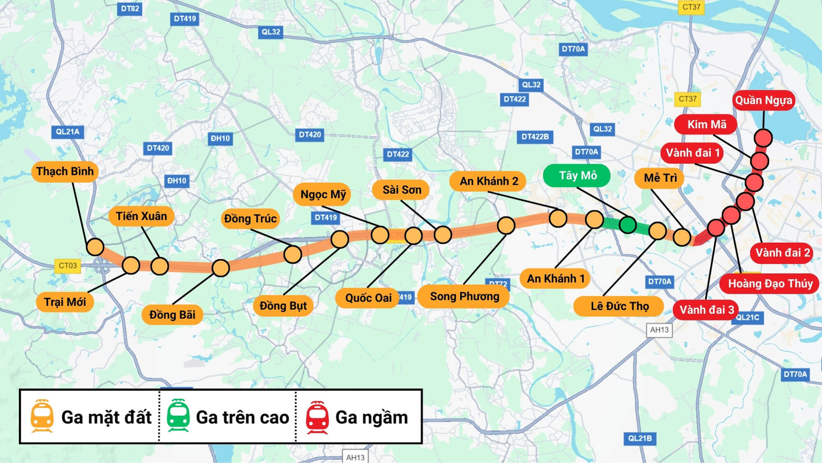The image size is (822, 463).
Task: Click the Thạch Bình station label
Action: (65, 171)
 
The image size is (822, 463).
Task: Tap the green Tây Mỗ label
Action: (577, 176)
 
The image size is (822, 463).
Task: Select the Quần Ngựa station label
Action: (763, 100)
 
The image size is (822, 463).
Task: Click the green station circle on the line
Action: (628, 225)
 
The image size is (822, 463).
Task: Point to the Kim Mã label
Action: (706, 125)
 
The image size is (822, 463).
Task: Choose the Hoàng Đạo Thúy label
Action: (770, 284)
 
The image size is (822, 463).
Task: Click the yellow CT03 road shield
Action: (68, 266)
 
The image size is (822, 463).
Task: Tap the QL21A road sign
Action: (68, 132)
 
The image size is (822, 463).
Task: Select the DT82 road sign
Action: (130, 9)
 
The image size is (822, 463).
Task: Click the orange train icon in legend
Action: (42, 416)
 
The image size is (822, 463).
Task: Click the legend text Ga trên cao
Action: (242, 417)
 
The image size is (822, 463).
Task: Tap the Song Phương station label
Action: (464, 296)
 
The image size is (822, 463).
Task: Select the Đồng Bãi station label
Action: (172, 315)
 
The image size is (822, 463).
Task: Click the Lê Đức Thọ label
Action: (619, 306)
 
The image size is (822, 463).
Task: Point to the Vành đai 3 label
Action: (706, 310)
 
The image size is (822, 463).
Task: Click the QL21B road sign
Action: (640, 438)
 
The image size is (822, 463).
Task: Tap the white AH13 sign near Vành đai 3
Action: (659, 330)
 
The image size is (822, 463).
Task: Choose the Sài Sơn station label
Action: (401, 190)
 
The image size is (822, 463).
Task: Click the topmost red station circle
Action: (763, 138)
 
